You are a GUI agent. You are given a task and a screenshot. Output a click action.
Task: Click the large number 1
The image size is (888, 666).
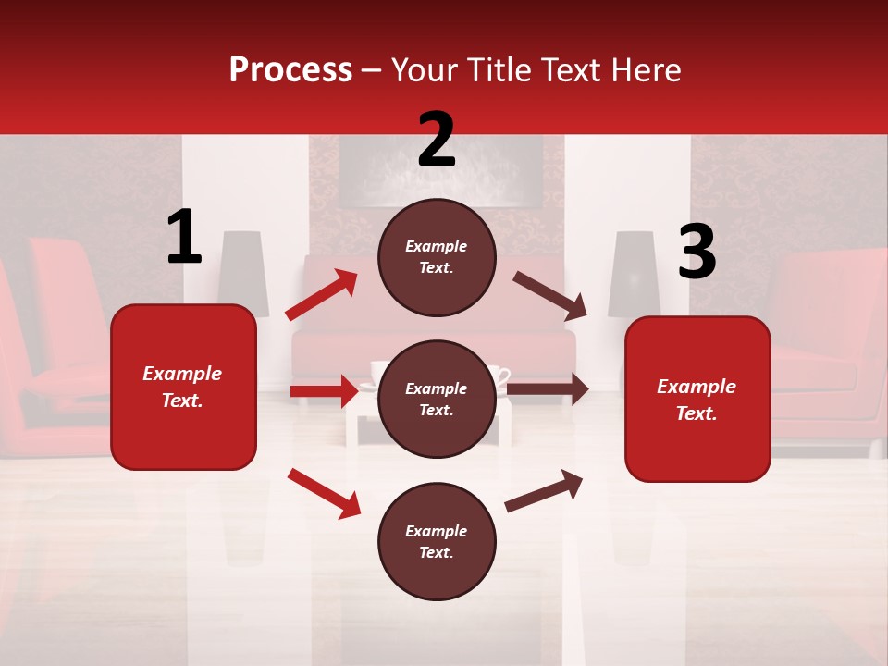point(184,238)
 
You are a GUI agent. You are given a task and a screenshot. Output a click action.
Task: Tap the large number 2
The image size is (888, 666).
point(437,140)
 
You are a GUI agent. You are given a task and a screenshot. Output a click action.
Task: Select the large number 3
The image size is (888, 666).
point(697,252)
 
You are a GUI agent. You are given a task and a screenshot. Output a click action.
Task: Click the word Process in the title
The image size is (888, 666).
point(290,70)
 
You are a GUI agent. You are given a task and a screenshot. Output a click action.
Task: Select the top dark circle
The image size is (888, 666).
point(437,257)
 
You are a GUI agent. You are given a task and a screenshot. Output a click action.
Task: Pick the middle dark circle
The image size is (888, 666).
point(437,399)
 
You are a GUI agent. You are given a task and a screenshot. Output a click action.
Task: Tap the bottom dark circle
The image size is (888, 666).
point(437,541)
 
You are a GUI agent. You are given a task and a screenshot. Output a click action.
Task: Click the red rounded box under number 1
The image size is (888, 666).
point(183,387)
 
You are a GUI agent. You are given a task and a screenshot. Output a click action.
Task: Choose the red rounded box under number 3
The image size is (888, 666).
point(697,399)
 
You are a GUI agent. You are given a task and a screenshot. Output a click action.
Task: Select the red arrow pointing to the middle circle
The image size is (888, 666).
point(324,391)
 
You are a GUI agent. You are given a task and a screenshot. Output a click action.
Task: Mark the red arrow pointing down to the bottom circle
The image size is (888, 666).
point(324,492)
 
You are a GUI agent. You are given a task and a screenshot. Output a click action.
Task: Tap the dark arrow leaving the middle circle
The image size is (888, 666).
point(548,389)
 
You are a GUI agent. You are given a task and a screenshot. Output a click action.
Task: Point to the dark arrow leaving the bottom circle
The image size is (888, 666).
point(544,489)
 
